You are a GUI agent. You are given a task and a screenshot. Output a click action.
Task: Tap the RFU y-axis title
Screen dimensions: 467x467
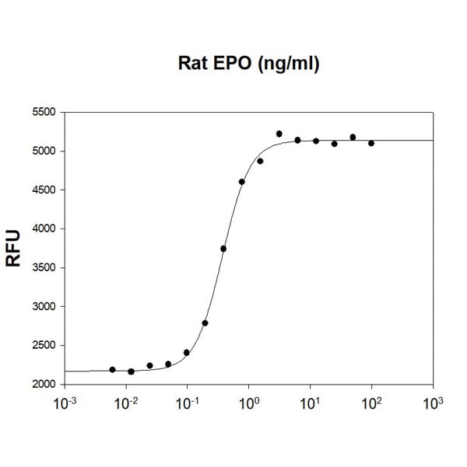(x=13, y=249)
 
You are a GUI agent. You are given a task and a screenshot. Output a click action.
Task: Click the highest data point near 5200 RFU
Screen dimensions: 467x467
(x=279, y=134)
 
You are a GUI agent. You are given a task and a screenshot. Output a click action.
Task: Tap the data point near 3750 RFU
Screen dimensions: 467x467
(x=223, y=249)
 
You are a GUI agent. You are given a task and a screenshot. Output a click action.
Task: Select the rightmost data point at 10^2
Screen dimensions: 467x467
(x=371, y=143)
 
